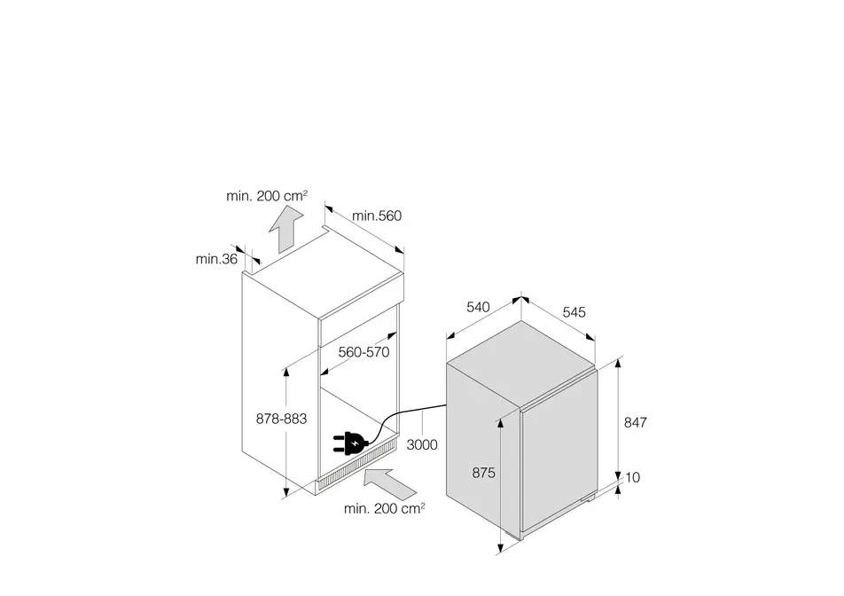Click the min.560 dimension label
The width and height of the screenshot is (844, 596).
click(377, 216)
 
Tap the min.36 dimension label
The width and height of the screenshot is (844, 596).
click(216, 259)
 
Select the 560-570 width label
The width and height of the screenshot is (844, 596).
click(363, 352)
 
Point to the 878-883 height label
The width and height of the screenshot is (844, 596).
click(281, 419)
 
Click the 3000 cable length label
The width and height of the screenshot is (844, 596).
click(422, 444)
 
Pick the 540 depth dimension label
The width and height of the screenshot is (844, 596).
click(478, 307)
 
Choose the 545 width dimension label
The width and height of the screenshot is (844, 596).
click(574, 312)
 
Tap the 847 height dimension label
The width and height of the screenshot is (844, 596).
click(635, 423)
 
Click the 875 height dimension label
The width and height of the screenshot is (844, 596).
click(483, 473)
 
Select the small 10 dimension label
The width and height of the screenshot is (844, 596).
click(632, 477)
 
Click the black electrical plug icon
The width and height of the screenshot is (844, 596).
click(350, 443)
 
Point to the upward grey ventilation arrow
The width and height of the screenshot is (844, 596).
click(285, 230)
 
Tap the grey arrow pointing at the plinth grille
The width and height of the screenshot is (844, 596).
click(390, 483)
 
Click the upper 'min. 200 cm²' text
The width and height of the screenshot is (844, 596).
click(267, 195)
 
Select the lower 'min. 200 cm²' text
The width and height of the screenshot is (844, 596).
click(385, 507)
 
